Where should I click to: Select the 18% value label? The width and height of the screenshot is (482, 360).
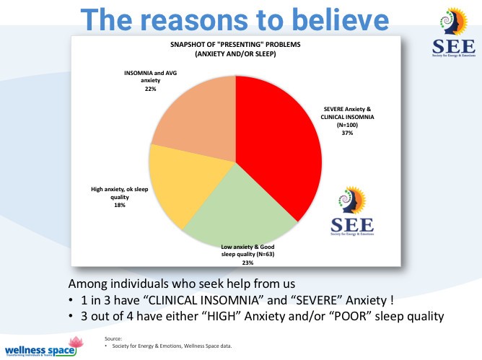120,206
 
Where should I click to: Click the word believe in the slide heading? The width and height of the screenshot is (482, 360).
337,19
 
